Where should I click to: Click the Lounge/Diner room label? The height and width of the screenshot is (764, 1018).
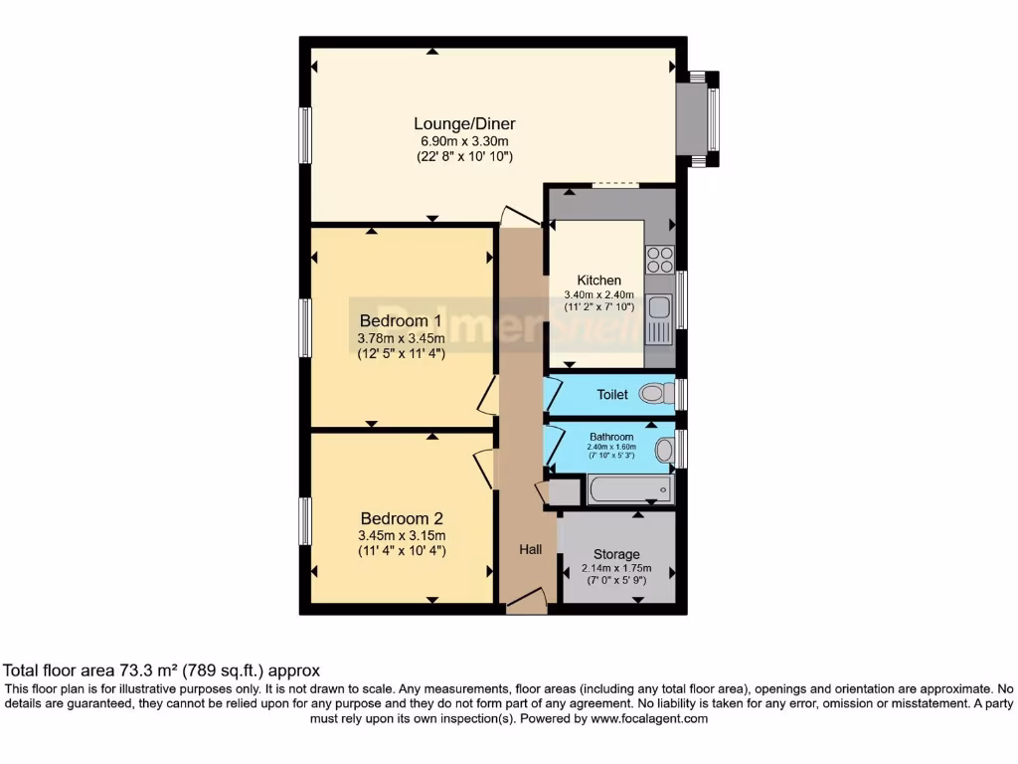(x=464, y=124)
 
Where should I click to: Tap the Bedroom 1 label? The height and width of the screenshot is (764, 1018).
(x=401, y=321)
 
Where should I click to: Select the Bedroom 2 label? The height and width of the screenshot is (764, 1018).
(x=401, y=518)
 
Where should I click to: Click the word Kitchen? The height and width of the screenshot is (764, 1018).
(x=599, y=281)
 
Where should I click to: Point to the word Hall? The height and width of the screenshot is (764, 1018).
(x=530, y=548)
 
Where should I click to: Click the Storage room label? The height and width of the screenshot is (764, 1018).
(x=616, y=554)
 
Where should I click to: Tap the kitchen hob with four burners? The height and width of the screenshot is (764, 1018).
(x=660, y=259)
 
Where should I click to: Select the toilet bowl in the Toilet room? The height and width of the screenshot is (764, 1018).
(x=654, y=395)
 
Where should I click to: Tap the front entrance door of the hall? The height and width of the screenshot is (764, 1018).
(x=525, y=601)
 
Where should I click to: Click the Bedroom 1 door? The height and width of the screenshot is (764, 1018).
(x=486, y=395)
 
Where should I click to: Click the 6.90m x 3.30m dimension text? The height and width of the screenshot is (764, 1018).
(x=464, y=141)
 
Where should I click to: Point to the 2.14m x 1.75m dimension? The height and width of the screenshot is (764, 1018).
(x=616, y=569)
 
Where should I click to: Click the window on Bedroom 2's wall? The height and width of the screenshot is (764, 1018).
(x=306, y=520)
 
